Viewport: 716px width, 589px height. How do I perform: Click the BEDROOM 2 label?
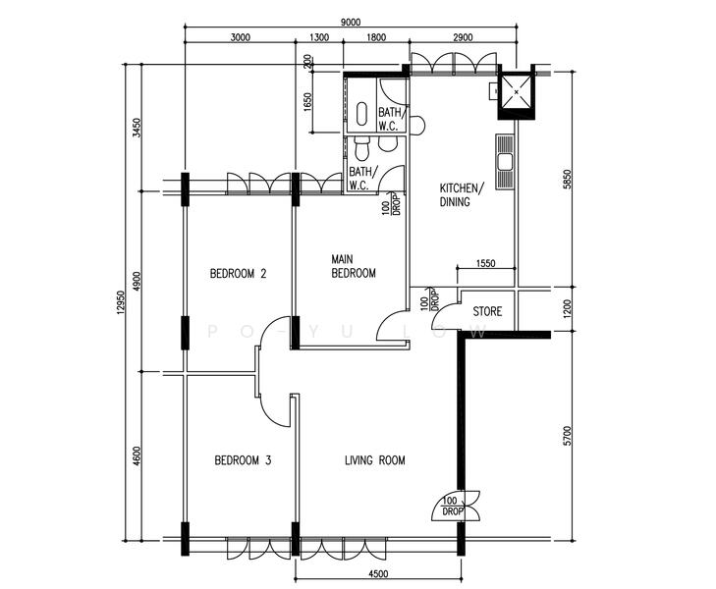[238, 274]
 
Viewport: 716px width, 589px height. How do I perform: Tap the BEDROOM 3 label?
[243, 459]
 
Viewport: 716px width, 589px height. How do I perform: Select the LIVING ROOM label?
[375, 460]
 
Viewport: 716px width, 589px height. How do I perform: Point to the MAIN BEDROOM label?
[354, 266]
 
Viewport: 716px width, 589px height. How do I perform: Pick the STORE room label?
[487, 311]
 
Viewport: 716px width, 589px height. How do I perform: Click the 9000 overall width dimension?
[351, 23]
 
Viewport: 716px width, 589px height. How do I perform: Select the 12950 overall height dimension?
[121, 302]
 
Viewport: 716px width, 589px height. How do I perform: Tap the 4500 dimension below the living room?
[378, 574]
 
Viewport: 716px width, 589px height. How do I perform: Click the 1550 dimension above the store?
[485, 263]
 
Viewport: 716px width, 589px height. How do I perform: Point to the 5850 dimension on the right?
[567, 180]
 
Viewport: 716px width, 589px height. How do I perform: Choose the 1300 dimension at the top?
[319, 37]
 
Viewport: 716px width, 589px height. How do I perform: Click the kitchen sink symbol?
[505, 162]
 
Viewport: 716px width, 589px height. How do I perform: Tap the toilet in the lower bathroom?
[361, 149]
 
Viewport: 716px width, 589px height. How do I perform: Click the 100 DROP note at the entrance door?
[453, 507]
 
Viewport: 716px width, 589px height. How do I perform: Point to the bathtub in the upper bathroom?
[361, 114]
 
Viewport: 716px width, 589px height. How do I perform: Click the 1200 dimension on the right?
[567, 309]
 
